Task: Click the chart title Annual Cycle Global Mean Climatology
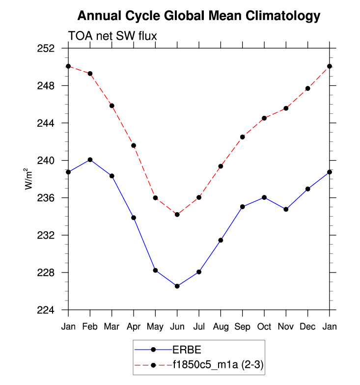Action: pyautogui.click(x=198, y=16)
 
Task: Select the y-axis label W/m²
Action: pyautogui.click(x=29, y=179)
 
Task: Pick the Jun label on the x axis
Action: pyautogui.click(x=177, y=326)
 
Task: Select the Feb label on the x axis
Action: pyautogui.click(x=90, y=326)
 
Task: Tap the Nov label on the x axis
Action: pyautogui.click(x=286, y=326)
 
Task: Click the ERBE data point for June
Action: pyautogui.click(x=177, y=286)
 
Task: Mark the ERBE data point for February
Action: pyautogui.click(x=90, y=160)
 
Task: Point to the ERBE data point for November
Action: pyautogui.click(x=286, y=209)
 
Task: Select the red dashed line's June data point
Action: pyautogui.click(x=177, y=215)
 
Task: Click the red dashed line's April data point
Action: pyautogui.click(x=134, y=145)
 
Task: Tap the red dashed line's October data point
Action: pyautogui.click(x=264, y=118)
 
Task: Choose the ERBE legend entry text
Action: pyautogui.click(x=187, y=350)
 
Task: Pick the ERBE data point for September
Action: pyautogui.click(x=243, y=207)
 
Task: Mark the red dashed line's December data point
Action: pyautogui.click(x=308, y=88)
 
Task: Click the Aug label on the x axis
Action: pyautogui.click(x=221, y=326)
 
